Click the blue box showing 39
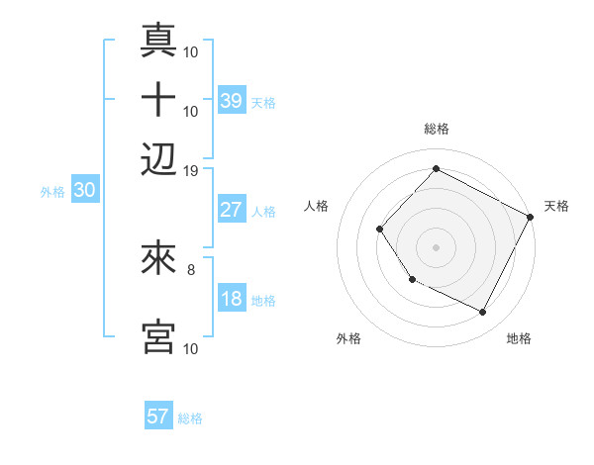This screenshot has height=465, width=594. pos(232,100)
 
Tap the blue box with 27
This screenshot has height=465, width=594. pos(232,210)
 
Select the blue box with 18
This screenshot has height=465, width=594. pos(232,299)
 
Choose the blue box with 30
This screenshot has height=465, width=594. pos(85,191)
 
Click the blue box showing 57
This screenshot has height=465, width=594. pos(158,417)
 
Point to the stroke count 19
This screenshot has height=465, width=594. pos(191,169)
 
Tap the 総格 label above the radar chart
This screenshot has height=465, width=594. pos(436,129)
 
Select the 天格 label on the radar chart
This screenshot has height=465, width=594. pos(556,206)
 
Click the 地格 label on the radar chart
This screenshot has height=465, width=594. pos(519,339)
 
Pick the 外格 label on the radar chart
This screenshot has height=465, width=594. pos(348,339)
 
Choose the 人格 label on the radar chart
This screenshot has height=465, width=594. pos(317,206)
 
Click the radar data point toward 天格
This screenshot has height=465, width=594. pos(530,217)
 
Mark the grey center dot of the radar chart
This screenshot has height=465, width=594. pos(436,246)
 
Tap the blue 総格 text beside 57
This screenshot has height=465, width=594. pos(190,418)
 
